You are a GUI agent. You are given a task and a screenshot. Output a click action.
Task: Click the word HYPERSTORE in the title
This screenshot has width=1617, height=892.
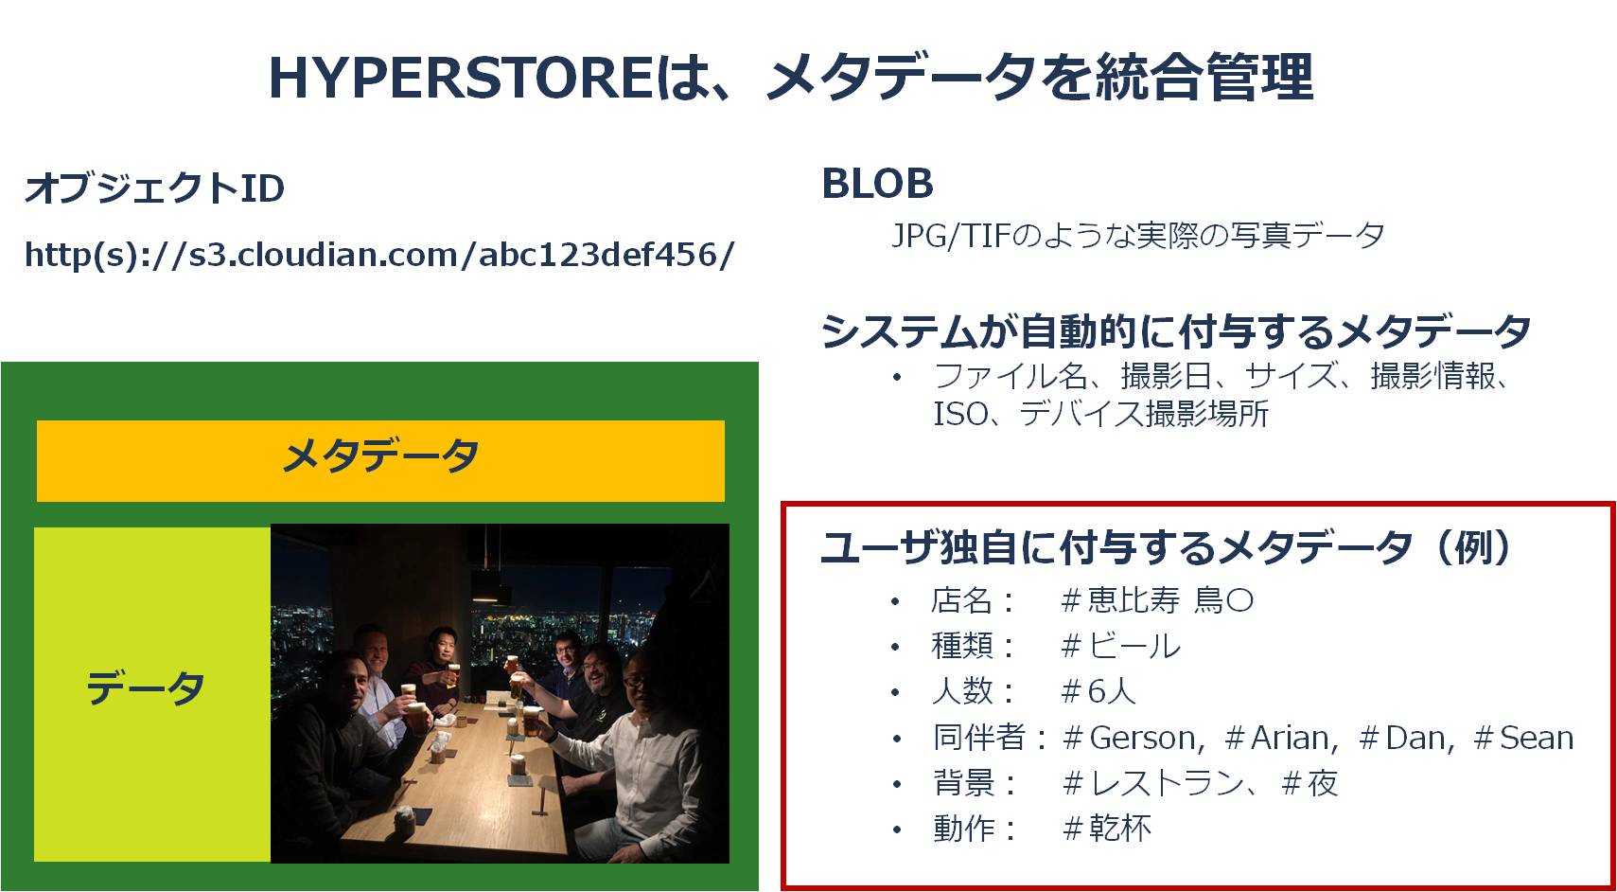pyautogui.click(x=461, y=78)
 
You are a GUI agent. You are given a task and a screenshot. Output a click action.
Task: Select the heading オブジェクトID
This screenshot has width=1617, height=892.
pyautogui.click(x=154, y=188)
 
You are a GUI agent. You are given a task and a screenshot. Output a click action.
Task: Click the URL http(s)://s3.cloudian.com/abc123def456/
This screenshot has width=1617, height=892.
pyautogui.click(x=379, y=254)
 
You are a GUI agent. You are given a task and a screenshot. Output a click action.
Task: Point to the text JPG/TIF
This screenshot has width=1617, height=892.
pyautogui.click(x=950, y=236)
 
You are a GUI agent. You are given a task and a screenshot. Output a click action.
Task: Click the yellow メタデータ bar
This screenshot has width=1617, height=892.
pyautogui.click(x=380, y=460)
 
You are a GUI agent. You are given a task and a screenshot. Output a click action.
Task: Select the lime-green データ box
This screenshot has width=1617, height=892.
pyautogui.click(x=152, y=693)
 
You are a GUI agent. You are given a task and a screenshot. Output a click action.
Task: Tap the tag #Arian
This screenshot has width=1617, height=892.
pyautogui.click(x=1281, y=738)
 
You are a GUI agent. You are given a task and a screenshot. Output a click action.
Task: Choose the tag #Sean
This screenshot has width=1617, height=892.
pyautogui.click(x=1523, y=738)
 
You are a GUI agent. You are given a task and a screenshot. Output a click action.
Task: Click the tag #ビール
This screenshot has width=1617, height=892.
pyautogui.click(x=1121, y=646)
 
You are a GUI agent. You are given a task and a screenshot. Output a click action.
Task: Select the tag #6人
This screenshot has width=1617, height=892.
pyautogui.click(x=1099, y=691)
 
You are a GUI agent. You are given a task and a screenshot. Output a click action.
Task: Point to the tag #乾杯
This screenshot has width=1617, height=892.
pyautogui.click(x=1107, y=828)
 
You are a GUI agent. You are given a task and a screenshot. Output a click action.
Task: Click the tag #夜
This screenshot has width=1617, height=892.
pyautogui.click(x=1309, y=783)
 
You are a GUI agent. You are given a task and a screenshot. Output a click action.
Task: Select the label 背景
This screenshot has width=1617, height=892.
pyautogui.click(x=963, y=783)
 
